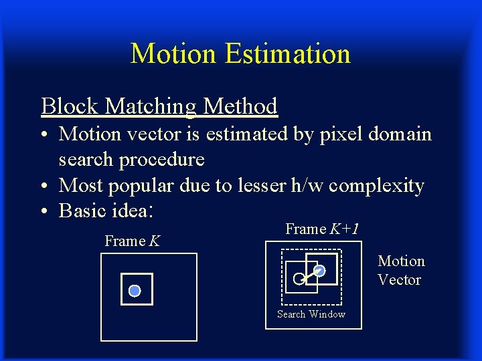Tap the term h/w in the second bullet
pos(305,185)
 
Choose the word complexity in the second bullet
pos(377,186)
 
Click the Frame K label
pos(132,241)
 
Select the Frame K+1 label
pos(322,229)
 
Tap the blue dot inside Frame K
pos(135,291)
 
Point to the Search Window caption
pos(311,314)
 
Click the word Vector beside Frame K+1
pos(399,279)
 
